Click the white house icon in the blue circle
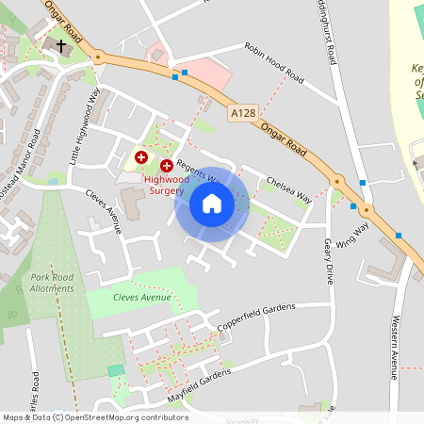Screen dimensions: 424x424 [212, 204]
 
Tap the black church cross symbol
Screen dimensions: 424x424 [61, 45]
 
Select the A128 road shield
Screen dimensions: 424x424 [242, 113]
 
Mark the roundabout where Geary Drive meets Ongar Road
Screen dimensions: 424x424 [335, 180]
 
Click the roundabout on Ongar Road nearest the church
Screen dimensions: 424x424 [97, 57]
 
